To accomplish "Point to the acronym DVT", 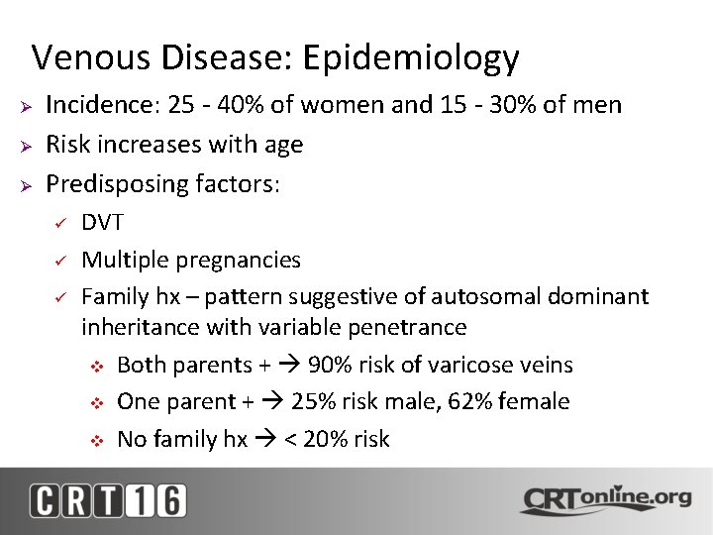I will pyautogui.click(x=102, y=222).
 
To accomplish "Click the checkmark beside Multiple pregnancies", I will pyautogui.click(x=59, y=261).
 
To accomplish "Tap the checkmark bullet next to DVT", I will pyautogui.click(x=59, y=223).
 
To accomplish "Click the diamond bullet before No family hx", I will pyautogui.click(x=96, y=440).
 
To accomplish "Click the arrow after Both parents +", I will pyautogui.click(x=290, y=365).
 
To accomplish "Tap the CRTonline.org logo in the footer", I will pyautogui.click(x=606, y=499).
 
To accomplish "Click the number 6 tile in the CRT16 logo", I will pyautogui.click(x=168, y=499).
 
